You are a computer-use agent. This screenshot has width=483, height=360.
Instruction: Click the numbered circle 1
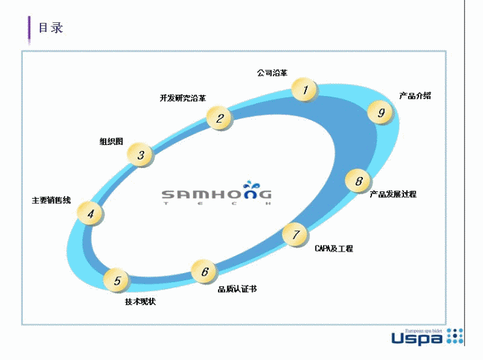coord(304,90)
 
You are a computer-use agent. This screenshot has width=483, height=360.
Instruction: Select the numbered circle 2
coord(220,118)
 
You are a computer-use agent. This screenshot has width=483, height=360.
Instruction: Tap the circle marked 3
coord(140,155)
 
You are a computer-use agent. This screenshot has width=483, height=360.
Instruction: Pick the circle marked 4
coord(90,213)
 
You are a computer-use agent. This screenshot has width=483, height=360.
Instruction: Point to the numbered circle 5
coord(117,281)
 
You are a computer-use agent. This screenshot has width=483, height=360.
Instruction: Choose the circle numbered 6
coord(204,271)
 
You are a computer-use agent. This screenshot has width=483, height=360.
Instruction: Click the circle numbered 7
coord(296,235)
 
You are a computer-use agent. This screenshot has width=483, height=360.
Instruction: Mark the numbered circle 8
coord(358,181)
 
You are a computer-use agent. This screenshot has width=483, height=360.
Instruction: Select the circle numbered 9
coord(381,112)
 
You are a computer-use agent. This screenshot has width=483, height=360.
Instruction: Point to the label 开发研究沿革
coord(183,99)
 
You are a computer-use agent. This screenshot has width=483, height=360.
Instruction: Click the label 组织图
coord(111,141)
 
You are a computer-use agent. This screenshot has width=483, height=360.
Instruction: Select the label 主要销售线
coord(52,200)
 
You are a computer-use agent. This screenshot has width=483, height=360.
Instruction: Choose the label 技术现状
coord(140,301)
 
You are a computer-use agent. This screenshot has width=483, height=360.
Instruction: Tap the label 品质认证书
coord(237,288)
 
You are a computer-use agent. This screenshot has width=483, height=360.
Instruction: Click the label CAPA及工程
coord(334,249)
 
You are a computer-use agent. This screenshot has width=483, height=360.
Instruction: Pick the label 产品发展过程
coord(393,194)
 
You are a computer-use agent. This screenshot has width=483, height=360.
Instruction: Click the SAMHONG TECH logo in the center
coord(217,196)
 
